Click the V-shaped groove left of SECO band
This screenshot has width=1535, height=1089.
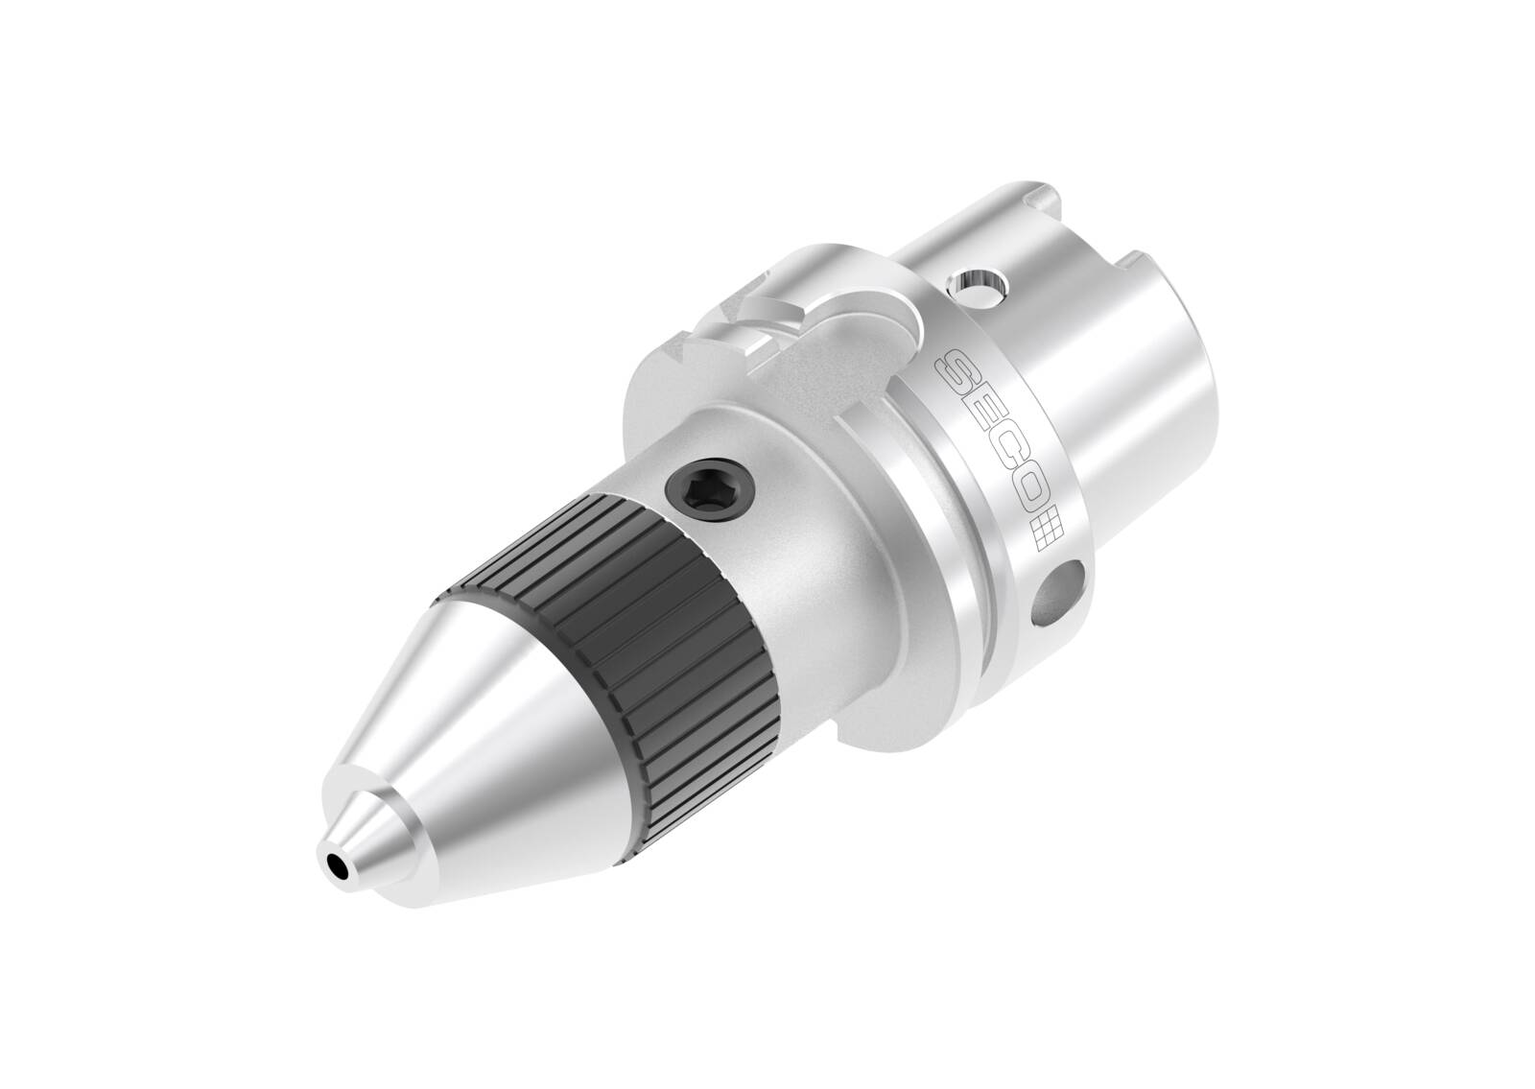[x=907, y=461]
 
